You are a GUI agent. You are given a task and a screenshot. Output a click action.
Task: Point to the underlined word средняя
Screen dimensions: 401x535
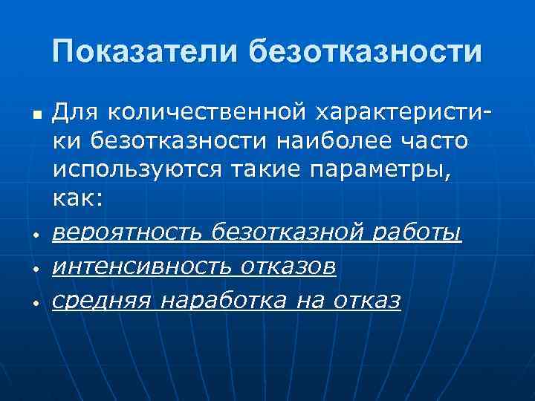(102, 301)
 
